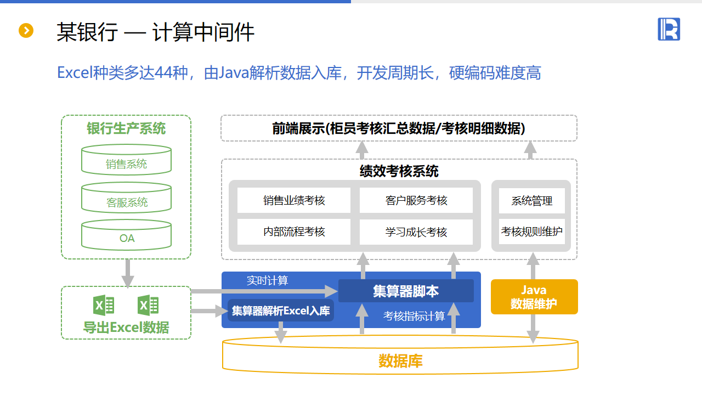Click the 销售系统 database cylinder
tap(126, 160)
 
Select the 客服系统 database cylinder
tap(126, 198)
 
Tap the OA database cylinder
tap(126, 235)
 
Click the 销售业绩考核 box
tap(294, 201)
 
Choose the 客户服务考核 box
tap(416, 201)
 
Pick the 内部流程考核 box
tap(294, 232)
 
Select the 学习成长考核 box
tap(416, 232)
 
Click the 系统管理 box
tap(531, 201)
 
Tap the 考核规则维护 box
tap(531, 232)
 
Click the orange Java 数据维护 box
tap(534, 297)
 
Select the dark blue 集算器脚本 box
tap(406, 291)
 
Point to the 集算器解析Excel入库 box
tap(281, 311)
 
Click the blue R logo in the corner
tap(669, 29)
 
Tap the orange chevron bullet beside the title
tap(26, 31)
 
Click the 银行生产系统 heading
tap(126, 128)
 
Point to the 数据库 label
tap(400, 361)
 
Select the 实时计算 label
tap(267, 281)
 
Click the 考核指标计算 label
tap(414, 317)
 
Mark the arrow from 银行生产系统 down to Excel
tap(127, 273)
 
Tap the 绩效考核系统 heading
tap(399, 171)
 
